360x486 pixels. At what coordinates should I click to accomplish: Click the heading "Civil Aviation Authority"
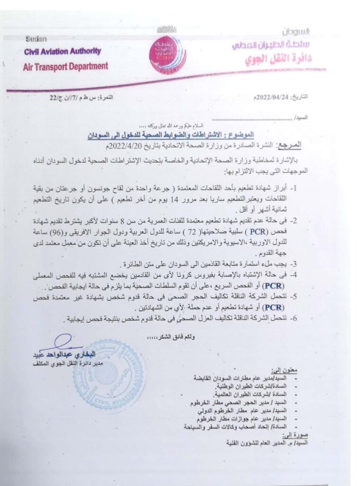63,52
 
